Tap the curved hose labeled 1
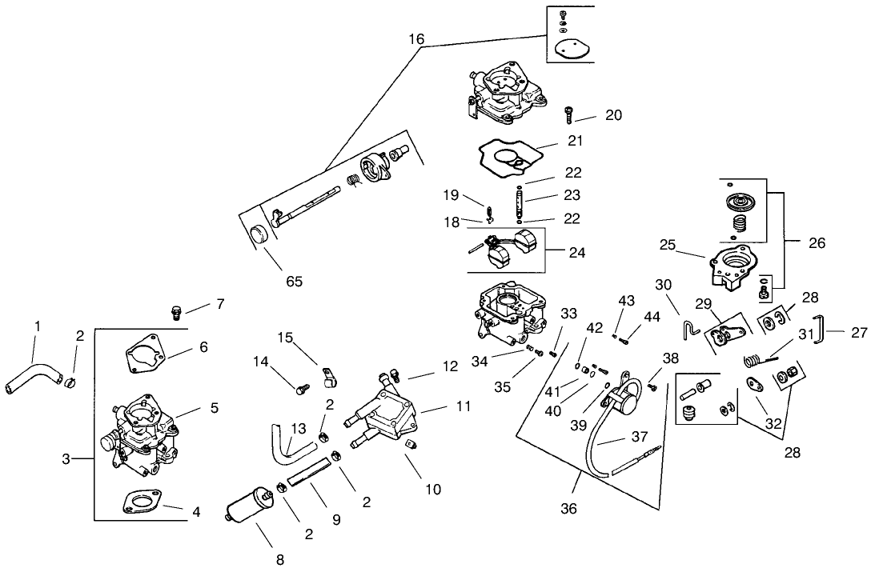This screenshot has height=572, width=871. point(33,375)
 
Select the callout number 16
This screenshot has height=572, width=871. point(416,38)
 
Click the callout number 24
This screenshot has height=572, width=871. point(576,253)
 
